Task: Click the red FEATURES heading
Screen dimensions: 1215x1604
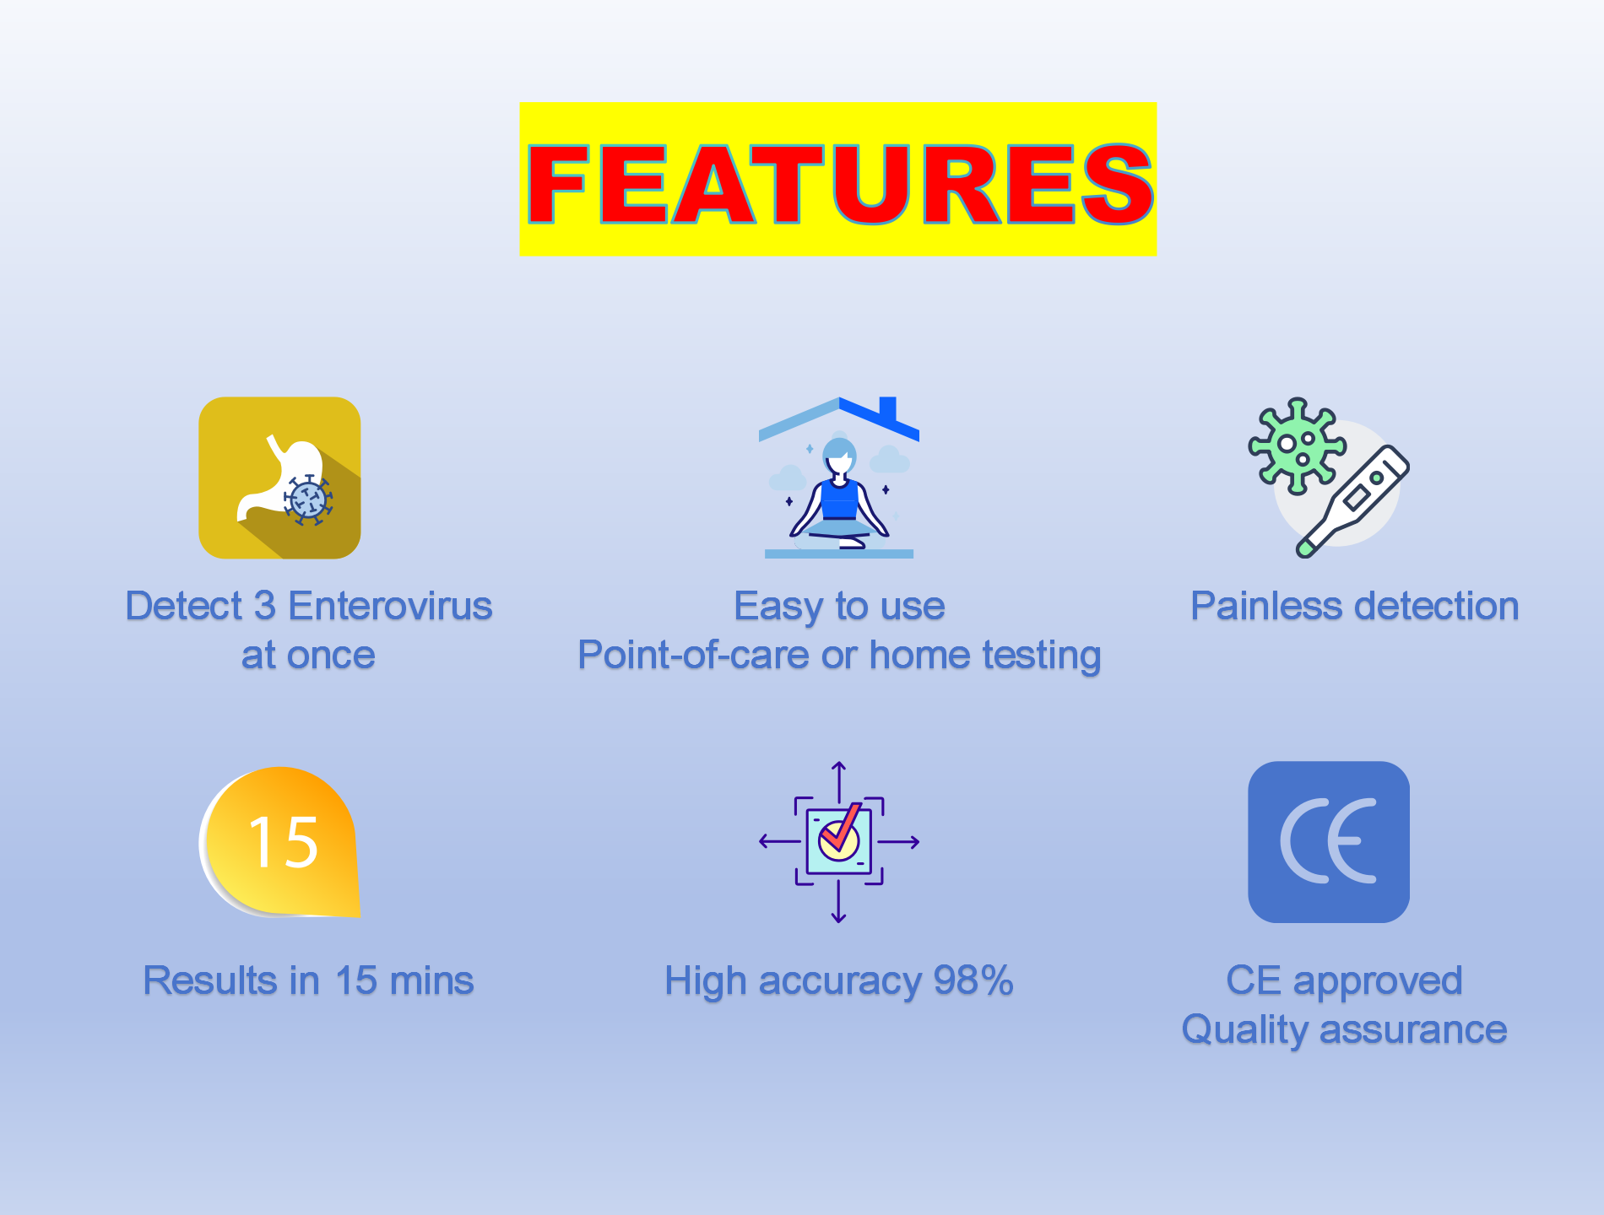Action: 838,183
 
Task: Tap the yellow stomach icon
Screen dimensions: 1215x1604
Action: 279,478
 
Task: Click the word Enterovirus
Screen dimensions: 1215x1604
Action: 390,606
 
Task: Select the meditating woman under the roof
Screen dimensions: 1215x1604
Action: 838,498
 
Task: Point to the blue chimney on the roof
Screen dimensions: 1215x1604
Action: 887,408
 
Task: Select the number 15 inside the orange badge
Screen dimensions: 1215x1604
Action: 283,842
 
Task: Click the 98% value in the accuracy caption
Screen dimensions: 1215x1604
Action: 973,980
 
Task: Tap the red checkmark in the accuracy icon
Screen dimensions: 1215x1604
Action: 841,829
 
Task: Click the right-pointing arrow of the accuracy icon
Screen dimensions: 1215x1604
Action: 901,842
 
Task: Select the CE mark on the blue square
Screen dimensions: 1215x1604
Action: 1328,841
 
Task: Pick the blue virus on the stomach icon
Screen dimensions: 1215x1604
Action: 307,500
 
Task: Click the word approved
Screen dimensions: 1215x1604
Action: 1378,980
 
